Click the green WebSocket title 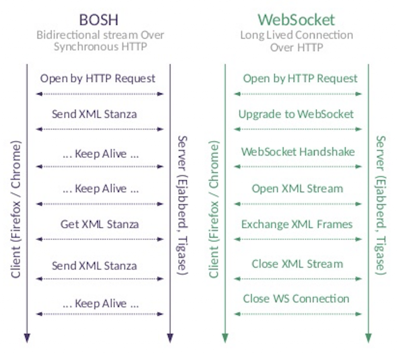tap(296, 19)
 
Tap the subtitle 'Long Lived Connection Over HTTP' tap(297, 41)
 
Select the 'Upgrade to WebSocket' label tap(296, 114)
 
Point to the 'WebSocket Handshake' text tap(298, 151)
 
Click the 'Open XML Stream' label tap(297, 188)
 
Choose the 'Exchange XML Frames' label tap(297, 224)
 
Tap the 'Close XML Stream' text tap(297, 264)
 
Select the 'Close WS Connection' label tap(296, 299)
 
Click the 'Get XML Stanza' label tap(100, 224)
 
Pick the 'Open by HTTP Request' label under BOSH tap(98, 78)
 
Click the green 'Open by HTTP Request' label tap(300, 78)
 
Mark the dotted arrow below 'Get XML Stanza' tap(100, 239)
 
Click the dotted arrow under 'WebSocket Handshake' tap(298, 166)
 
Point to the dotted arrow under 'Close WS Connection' tap(298, 314)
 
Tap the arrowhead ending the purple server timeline tap(170, 338)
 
